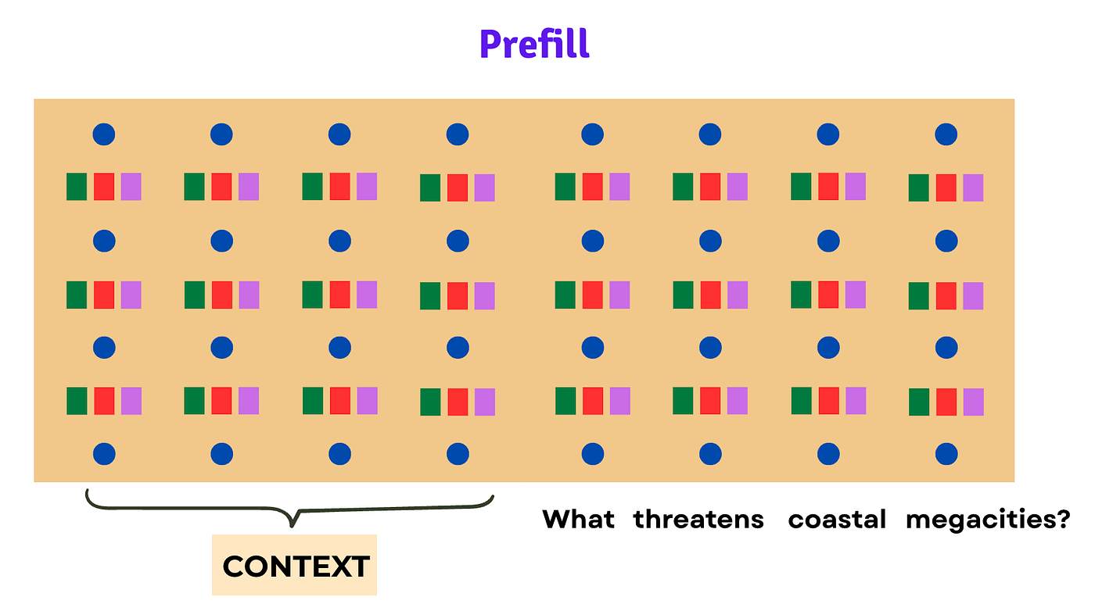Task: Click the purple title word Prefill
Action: (x=534, y=44)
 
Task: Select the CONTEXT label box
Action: (x=294, y=565)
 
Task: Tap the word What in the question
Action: (x=578, y=520)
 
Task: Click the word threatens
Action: (x=698, y=520)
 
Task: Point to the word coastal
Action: (x=837, y=520)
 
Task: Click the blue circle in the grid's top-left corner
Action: (x=104, y=134)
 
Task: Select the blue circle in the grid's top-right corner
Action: (x=946, y=134)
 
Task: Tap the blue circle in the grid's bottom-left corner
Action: (x=104, y=454)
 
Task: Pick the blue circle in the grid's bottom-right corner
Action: (x=946, y=454)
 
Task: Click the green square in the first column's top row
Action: (x=77, y=187)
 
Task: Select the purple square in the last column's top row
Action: (x=973, y=188)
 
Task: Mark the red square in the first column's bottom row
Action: (x=104, y=401)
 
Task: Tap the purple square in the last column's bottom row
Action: (x=973, y=402)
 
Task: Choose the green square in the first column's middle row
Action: (x=77, y=295)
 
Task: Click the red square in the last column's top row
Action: (x=946, y=188)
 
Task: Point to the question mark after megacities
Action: (x=1061, y=520)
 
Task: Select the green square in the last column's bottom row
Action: (x=919, y=402)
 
